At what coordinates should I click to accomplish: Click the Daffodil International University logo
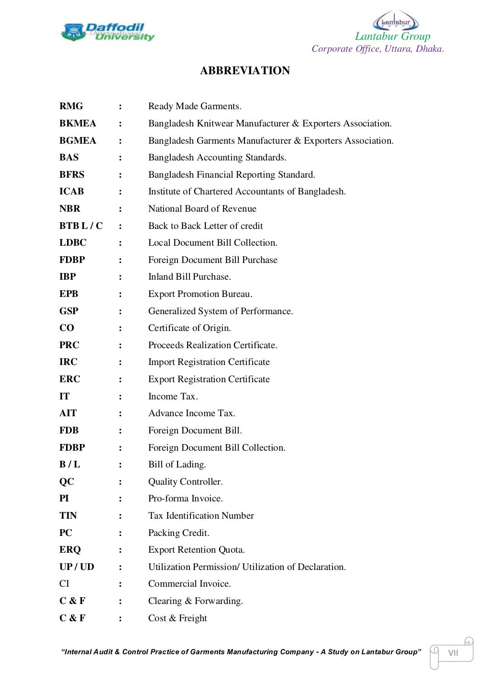click(x=108, y=32)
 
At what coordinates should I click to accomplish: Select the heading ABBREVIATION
click(x=245, y=70)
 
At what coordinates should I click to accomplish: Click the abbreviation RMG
click(x=71, y=106)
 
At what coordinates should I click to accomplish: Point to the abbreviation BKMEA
click(x=78, y=124)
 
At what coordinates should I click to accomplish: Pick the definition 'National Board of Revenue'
click(x=202, y=209)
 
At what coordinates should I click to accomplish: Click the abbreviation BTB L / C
click(x=81, y=226)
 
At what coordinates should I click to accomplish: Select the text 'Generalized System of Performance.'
click(x=220, y=311)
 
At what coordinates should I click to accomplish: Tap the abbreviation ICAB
click(x=71, y=192)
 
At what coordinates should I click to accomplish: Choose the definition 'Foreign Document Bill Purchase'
click(x=212, y=260)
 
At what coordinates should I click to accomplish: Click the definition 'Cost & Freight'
click(x=178, y=618)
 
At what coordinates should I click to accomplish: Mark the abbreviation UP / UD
click(x=77, y=567)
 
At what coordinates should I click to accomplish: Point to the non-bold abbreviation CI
click(x=64, y=584)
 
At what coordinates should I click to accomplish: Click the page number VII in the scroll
click(x=453, y=653)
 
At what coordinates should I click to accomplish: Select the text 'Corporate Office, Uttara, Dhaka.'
click(x=378, y=49)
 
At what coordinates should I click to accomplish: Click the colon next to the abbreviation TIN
click(x=120, y=516)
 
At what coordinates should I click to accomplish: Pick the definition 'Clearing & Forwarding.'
click(x=195, y=601)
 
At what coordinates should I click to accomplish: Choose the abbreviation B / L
click(x=69, y=465)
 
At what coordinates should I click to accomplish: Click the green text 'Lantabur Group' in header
click(x=392, y=36)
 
